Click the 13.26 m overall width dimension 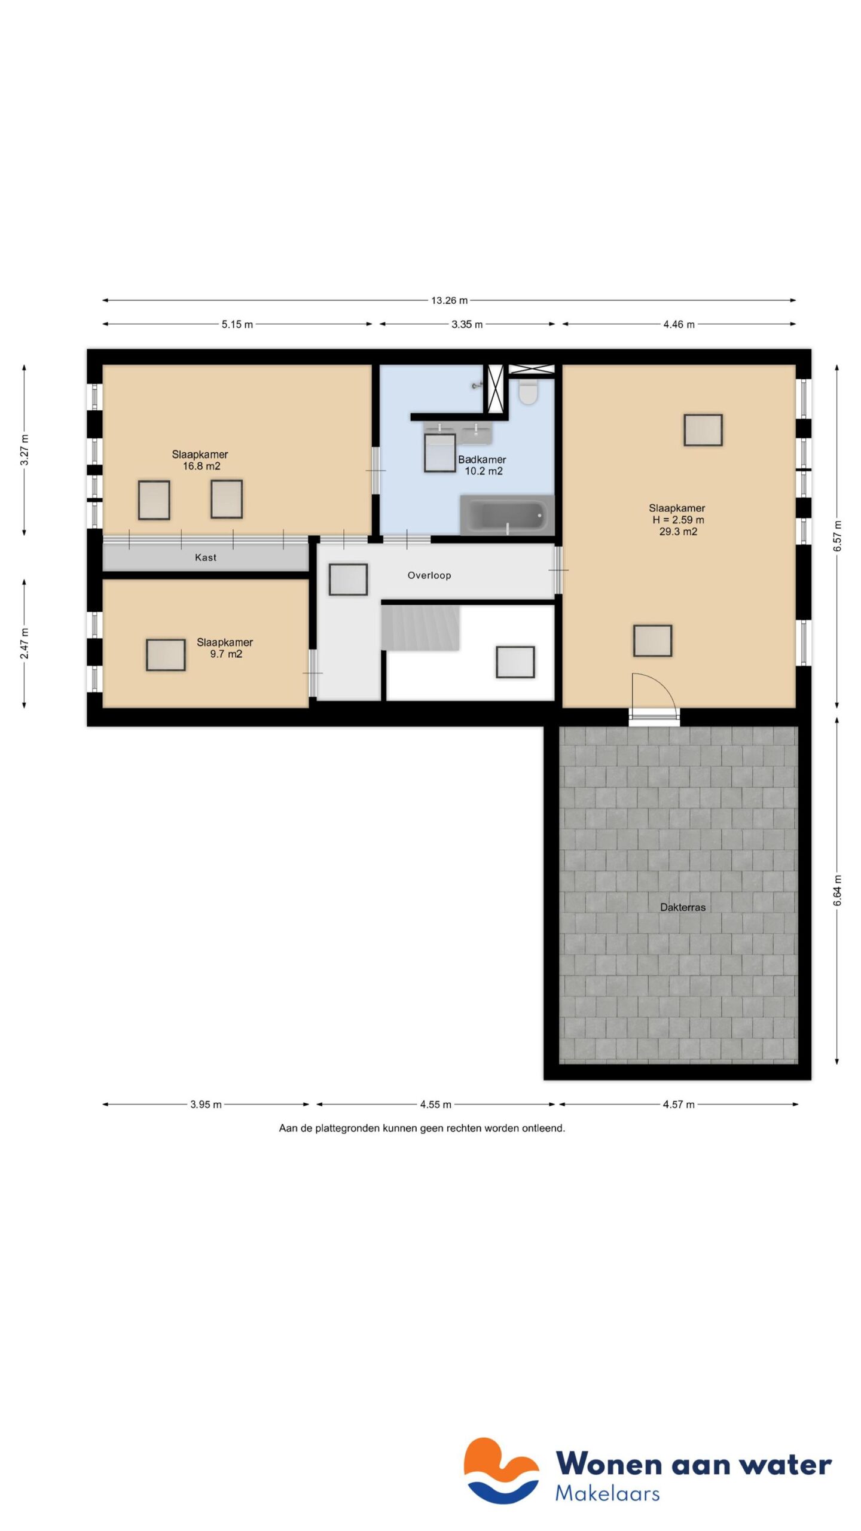pyautogui.click(x=449, y=300)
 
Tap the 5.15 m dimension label pyautogui.click(x=237, y=324)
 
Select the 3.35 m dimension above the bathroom pyautogui.click(x=467, y=324)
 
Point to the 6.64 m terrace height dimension pyautogui.click(x=837, y=890)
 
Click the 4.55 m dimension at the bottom pyautogui.click(x=435, y=1105)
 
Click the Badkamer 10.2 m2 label pyautogui.click(x=483, y=465)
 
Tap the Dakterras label pyautogui.click(x=683, y=907)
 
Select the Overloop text pyautogui.click(x=429, y=575)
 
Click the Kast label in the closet pyautogui.click(x=206, y=557)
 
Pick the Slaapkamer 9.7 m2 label pyautogui.click(x=225, y=648)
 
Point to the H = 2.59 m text pyautogui.click(x=678, y=520)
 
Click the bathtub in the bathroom pyautogui.click(x=506, y=515)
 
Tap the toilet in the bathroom pyautogui.click(x=527, y=392)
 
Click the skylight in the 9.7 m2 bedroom pyautogui.click(x=166, y=655)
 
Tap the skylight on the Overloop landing pyautogui.click(x=348, y=579)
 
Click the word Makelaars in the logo pyautogui.click(x=607, y=1493)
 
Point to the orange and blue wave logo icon pyautogui.click(x=501, y=1471)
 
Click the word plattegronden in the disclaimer pyautogui.click(x=350, y=1129)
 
